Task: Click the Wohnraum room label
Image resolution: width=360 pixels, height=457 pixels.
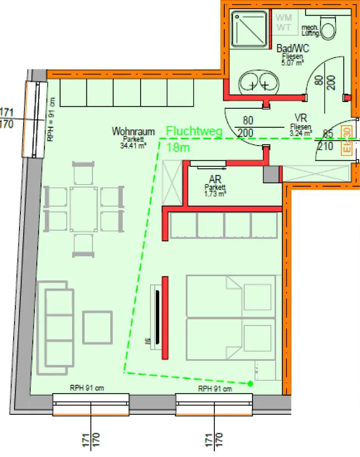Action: pyautogui.click(x=133, y=132)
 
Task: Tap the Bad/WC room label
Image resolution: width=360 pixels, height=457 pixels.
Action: pyautogui.click(x=293, y=49)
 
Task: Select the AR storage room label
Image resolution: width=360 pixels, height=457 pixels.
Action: pyautogui.click(x=215, y=179)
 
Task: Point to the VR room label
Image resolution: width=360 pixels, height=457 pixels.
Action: pyautogui.click(x=301, y=118)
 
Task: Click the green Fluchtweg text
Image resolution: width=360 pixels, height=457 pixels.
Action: pyautogui.click(x=194, y=131)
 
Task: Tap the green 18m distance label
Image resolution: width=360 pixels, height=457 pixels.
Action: pyautogui.click(x=178, y=148)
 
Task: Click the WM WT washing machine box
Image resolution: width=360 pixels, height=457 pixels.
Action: pyautogui.click(x=284, y=22)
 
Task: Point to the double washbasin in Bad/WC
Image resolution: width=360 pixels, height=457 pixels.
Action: pyautogui.click(x=258, y=83)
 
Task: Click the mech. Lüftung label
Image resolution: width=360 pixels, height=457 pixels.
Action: pyautogui.click(x=310, y=30)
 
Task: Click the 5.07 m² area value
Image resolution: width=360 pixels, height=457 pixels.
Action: pyautogui.click(x=293, y=63)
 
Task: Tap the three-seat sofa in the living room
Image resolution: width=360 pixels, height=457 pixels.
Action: pyautogui.click(x=55, y=328)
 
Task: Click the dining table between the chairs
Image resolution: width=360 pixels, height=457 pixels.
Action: pyautogui.click(x=84, y=209)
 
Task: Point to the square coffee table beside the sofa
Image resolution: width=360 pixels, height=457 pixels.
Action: pyautogui.click(x=98, y=328)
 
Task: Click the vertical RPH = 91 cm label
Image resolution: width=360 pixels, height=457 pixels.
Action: pyautogui.click(x=51, y=120)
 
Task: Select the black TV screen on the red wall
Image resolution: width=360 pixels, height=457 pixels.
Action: pyautogui.click(x=158, y=317)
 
